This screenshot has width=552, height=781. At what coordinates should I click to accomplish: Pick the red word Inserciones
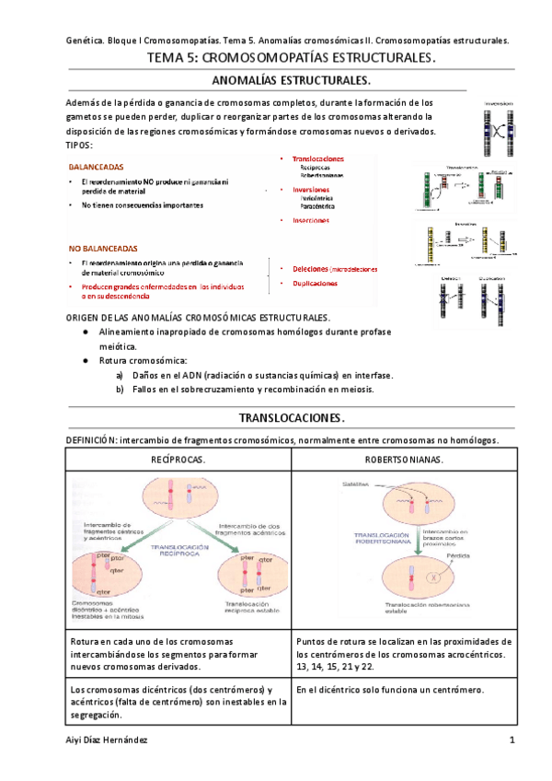[x=317, y=220]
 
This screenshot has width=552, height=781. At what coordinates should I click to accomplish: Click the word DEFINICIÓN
[x=99, y=440]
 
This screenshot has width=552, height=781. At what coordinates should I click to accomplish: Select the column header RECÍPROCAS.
[x=178, y=459]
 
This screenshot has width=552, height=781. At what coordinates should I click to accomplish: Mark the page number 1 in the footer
[x=511, y=740]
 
